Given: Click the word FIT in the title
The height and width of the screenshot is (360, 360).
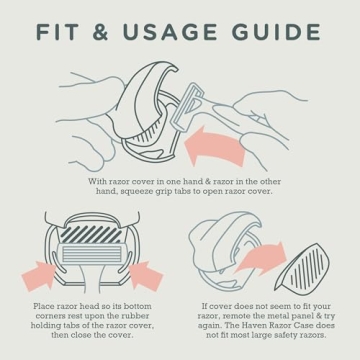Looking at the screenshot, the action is pos(57,32).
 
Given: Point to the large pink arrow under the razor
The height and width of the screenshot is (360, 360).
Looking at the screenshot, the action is pos(213,147).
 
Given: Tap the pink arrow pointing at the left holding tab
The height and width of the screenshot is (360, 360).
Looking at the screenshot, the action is pos(39,274).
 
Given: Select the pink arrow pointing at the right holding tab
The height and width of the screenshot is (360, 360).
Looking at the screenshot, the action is pos(145,274).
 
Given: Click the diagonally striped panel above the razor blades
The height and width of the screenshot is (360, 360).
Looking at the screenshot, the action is pos(91,234).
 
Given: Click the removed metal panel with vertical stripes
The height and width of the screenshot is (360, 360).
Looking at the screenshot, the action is pos(303,267).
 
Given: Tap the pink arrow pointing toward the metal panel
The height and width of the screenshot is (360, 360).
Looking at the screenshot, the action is pos(261,257).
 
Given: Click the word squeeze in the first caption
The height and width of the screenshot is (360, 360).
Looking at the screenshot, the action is pos(141,192).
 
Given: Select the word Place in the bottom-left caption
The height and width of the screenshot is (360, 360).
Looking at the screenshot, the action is pos(43,306).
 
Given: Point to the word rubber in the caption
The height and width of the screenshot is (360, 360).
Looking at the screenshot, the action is pos(137,316).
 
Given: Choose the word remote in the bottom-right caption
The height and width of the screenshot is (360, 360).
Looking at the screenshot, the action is pos(235,316).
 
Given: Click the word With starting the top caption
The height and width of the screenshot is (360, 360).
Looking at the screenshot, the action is pos(97,182).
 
